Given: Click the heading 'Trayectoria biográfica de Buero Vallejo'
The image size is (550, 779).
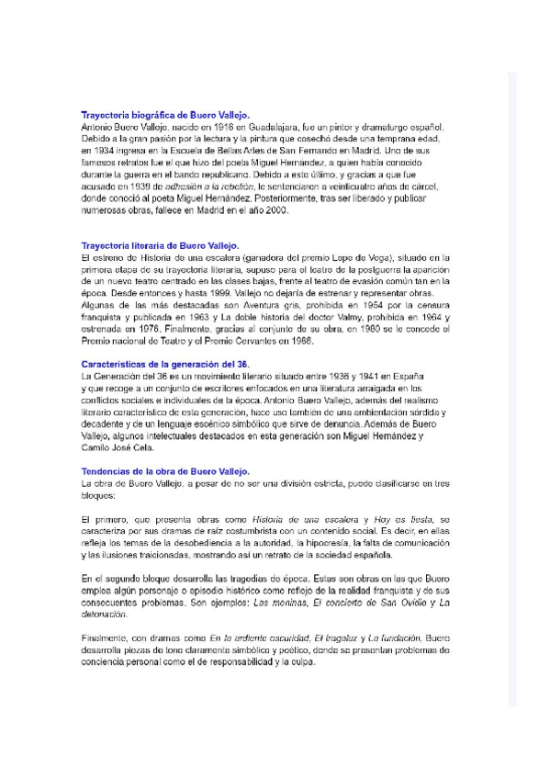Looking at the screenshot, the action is (x=159, y=115).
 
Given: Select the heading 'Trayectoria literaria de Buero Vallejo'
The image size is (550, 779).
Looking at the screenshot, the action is (x=160, y=245).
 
